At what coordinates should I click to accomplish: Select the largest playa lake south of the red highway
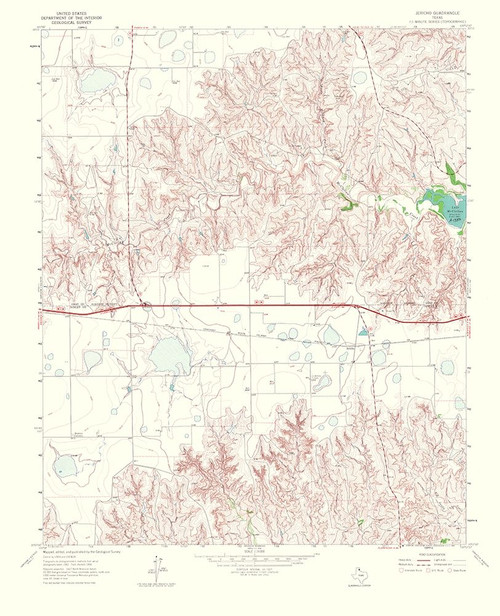click(x=167, y=351)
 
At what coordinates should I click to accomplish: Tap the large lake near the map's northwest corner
click(x=97, y=78)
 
